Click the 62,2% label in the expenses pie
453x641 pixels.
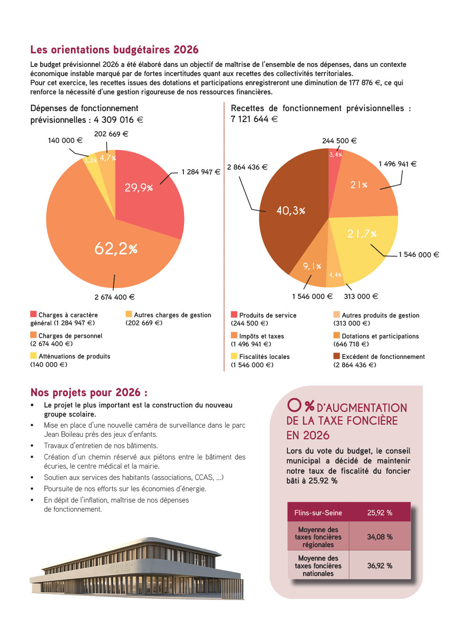tap(116, 249)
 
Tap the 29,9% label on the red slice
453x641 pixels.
tap(138, 187)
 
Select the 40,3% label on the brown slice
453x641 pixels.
tap(291, 210)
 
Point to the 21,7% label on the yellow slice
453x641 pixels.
tap(362, 234)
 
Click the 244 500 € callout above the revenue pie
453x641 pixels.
tap(339, 141)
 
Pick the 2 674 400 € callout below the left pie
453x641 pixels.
tap(115, 297)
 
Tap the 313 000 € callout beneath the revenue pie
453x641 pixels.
tap(361, 296)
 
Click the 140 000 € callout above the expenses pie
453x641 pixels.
tap(65, 140)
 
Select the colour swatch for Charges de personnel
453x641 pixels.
tap(33, 335)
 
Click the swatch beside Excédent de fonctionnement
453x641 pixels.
tap(336, 356)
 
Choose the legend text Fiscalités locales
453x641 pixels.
tap(264, 357)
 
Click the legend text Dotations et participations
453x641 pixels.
tap(380, 336)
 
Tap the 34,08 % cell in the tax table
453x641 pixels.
tap(380, 537)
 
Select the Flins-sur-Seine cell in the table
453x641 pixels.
tap(318, 513)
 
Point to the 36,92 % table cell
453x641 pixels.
tap(380, 566)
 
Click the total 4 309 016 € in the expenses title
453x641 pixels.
tap(118, 120)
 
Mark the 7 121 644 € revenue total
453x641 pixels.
tap(254, 119)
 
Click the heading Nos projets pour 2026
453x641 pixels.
tap(89, 392)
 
